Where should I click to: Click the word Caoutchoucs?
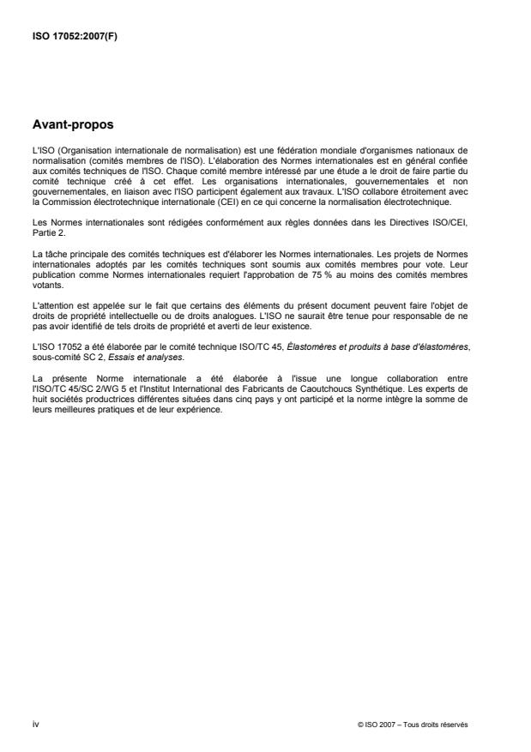click(x=344, y=388)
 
